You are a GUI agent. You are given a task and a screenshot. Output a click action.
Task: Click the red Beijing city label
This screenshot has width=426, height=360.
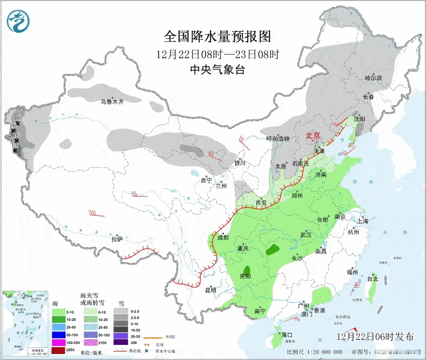[313, 136]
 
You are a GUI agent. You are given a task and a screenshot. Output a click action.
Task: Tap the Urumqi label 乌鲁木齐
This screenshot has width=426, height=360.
[112, 102]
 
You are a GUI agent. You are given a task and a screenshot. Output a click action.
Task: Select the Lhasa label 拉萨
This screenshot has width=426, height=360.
[117, 239]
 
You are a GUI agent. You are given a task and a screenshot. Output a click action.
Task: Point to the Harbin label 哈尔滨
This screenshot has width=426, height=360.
[373, 78]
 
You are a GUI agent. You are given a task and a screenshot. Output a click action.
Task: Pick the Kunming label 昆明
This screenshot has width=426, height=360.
[210, 290]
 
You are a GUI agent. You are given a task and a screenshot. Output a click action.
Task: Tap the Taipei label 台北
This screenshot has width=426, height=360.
[373, 279]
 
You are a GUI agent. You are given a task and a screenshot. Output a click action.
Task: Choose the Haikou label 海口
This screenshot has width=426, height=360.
[287, 334]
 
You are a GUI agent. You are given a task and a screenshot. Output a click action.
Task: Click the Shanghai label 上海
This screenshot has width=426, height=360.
[363, 221]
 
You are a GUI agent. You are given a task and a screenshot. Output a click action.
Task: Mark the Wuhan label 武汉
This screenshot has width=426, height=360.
[306, 235]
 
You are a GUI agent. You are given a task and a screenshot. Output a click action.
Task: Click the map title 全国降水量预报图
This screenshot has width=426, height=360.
[217, 37]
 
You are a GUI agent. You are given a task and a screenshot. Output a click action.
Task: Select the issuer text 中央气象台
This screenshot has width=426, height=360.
[217, 70]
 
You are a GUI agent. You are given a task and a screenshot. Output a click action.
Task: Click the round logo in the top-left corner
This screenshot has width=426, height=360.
[19, 21]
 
